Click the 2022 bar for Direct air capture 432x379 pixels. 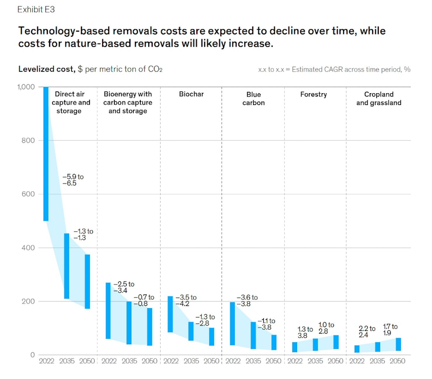tap(46, 154)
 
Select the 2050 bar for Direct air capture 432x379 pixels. tap(87, 281)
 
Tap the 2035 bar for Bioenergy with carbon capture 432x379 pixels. tap(129, 323)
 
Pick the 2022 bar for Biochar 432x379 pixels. tap(170, 314)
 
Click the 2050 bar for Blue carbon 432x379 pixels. tap(274, 342)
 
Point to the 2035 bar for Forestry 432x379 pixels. tap(315, 345)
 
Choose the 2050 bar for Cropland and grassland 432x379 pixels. tap(398, 344)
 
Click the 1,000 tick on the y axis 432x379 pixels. tap(26, 87)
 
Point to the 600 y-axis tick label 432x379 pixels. tap(28, 194)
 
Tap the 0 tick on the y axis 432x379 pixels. tap(32, 355)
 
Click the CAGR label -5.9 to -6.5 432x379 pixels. tap(73, 180)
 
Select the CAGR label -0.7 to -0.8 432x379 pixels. tap(144, 300)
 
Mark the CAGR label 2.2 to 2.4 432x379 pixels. tap(367, 332)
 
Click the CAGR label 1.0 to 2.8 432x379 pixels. tap(326, 328)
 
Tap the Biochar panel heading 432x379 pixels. tap(191, 94)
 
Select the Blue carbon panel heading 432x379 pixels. tap(253, 99)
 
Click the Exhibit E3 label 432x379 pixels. tap(36, 10)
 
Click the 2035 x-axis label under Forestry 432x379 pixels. tap(315, 361)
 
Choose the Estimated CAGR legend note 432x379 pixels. tap(334, 69)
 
